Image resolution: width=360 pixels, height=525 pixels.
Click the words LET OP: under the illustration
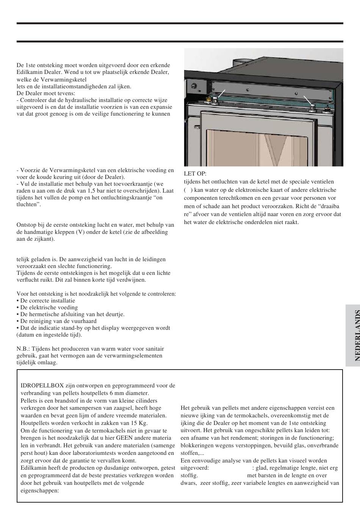click(195, 174)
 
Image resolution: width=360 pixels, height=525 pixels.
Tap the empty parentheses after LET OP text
click(188, 190)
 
